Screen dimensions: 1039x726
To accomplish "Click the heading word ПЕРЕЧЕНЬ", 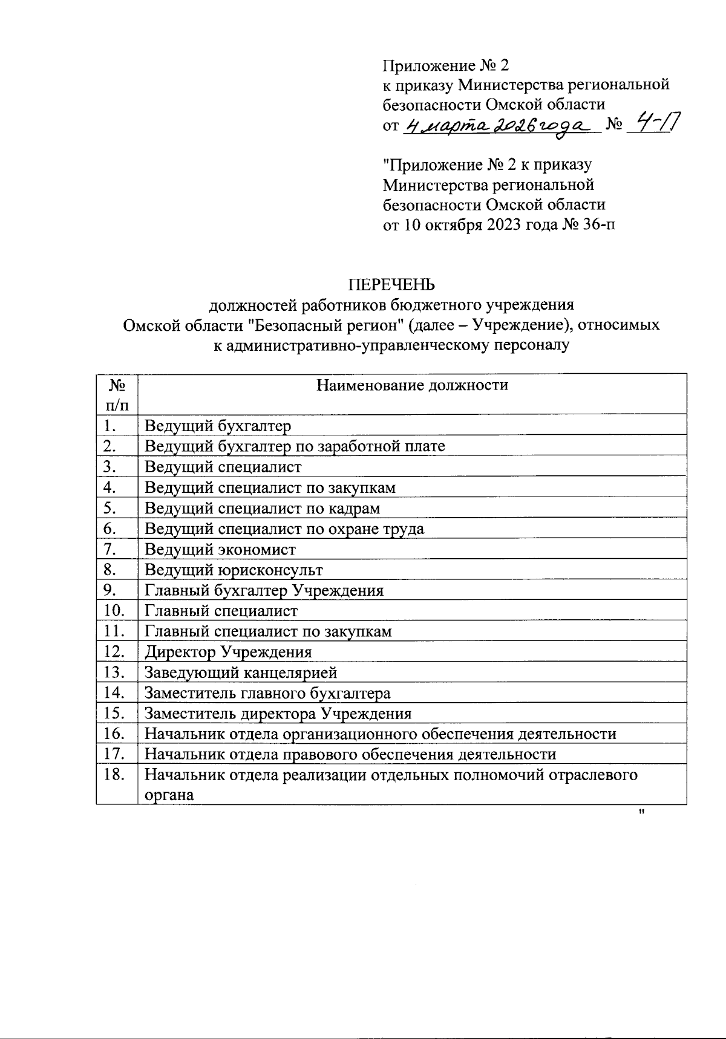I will [x=391, y=284].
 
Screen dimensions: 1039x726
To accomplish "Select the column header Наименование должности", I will [x=413, y=385].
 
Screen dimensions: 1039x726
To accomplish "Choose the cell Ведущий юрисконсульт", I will [x=234, y=570].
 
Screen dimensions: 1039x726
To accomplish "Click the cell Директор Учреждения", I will [x=228, y=652].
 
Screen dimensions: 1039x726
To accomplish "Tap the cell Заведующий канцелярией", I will [x=241, y=673].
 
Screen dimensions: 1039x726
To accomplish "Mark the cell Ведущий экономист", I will [x=220, y=549].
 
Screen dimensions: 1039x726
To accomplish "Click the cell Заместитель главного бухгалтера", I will [x=267, y=693].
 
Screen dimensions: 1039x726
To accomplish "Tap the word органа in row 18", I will [x=169, y=795].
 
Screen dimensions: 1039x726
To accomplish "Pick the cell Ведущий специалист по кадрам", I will [x=262, y=508].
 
